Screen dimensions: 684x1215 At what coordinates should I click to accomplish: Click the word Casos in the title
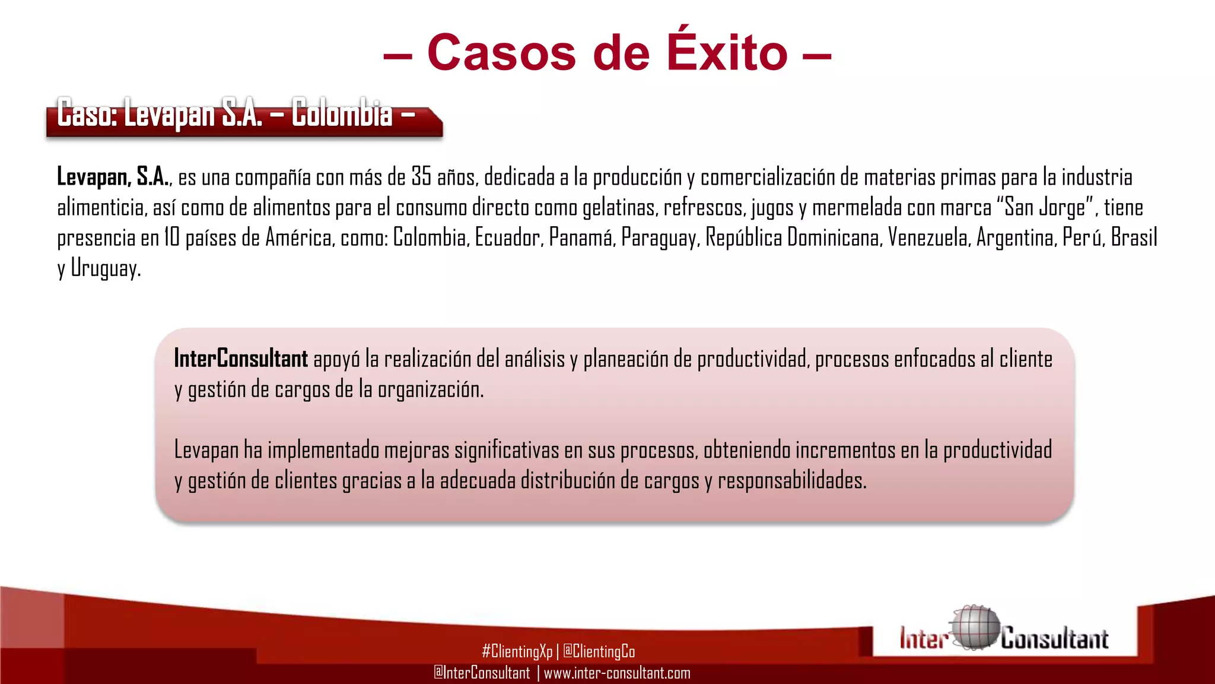pos(501,53)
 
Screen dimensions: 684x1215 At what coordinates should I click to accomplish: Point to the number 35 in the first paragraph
pos(421,177)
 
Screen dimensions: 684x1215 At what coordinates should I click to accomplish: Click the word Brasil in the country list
pos(1134,237)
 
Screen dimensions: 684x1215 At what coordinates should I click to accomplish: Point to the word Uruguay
pos(105,268)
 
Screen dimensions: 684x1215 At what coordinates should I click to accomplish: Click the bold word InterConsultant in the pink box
pos(241,359)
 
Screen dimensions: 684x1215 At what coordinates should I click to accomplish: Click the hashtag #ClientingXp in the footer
pos(517,651)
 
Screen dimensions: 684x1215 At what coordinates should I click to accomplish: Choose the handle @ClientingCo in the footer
pos(599,651)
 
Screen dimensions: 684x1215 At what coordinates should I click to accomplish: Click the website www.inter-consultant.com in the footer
pos(617,673)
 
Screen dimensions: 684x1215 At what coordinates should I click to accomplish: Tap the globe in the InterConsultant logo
pos(974,628)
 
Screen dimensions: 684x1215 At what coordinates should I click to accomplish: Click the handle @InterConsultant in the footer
pos(482,673)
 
